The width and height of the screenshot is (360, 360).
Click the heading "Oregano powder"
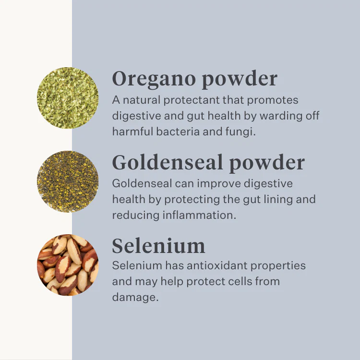click(195, 79)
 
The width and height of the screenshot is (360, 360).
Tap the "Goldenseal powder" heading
click(208, 163)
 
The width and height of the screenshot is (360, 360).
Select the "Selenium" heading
click(158, 246)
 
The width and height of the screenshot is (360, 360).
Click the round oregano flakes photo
click(68, 98)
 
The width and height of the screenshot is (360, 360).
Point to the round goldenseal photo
click(68, 181)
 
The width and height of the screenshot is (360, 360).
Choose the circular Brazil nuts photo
click(68, 265)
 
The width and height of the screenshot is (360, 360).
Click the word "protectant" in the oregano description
click(192, 100)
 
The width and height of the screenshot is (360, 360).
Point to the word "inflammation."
click(199, 215)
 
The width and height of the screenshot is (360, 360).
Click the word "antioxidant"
click(217, 265)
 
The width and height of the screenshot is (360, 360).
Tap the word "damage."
click(135, 298)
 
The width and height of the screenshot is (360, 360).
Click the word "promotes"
click(273, 101)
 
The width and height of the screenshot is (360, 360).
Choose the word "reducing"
click(136, 216)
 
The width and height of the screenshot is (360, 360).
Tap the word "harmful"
click(132, 132)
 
